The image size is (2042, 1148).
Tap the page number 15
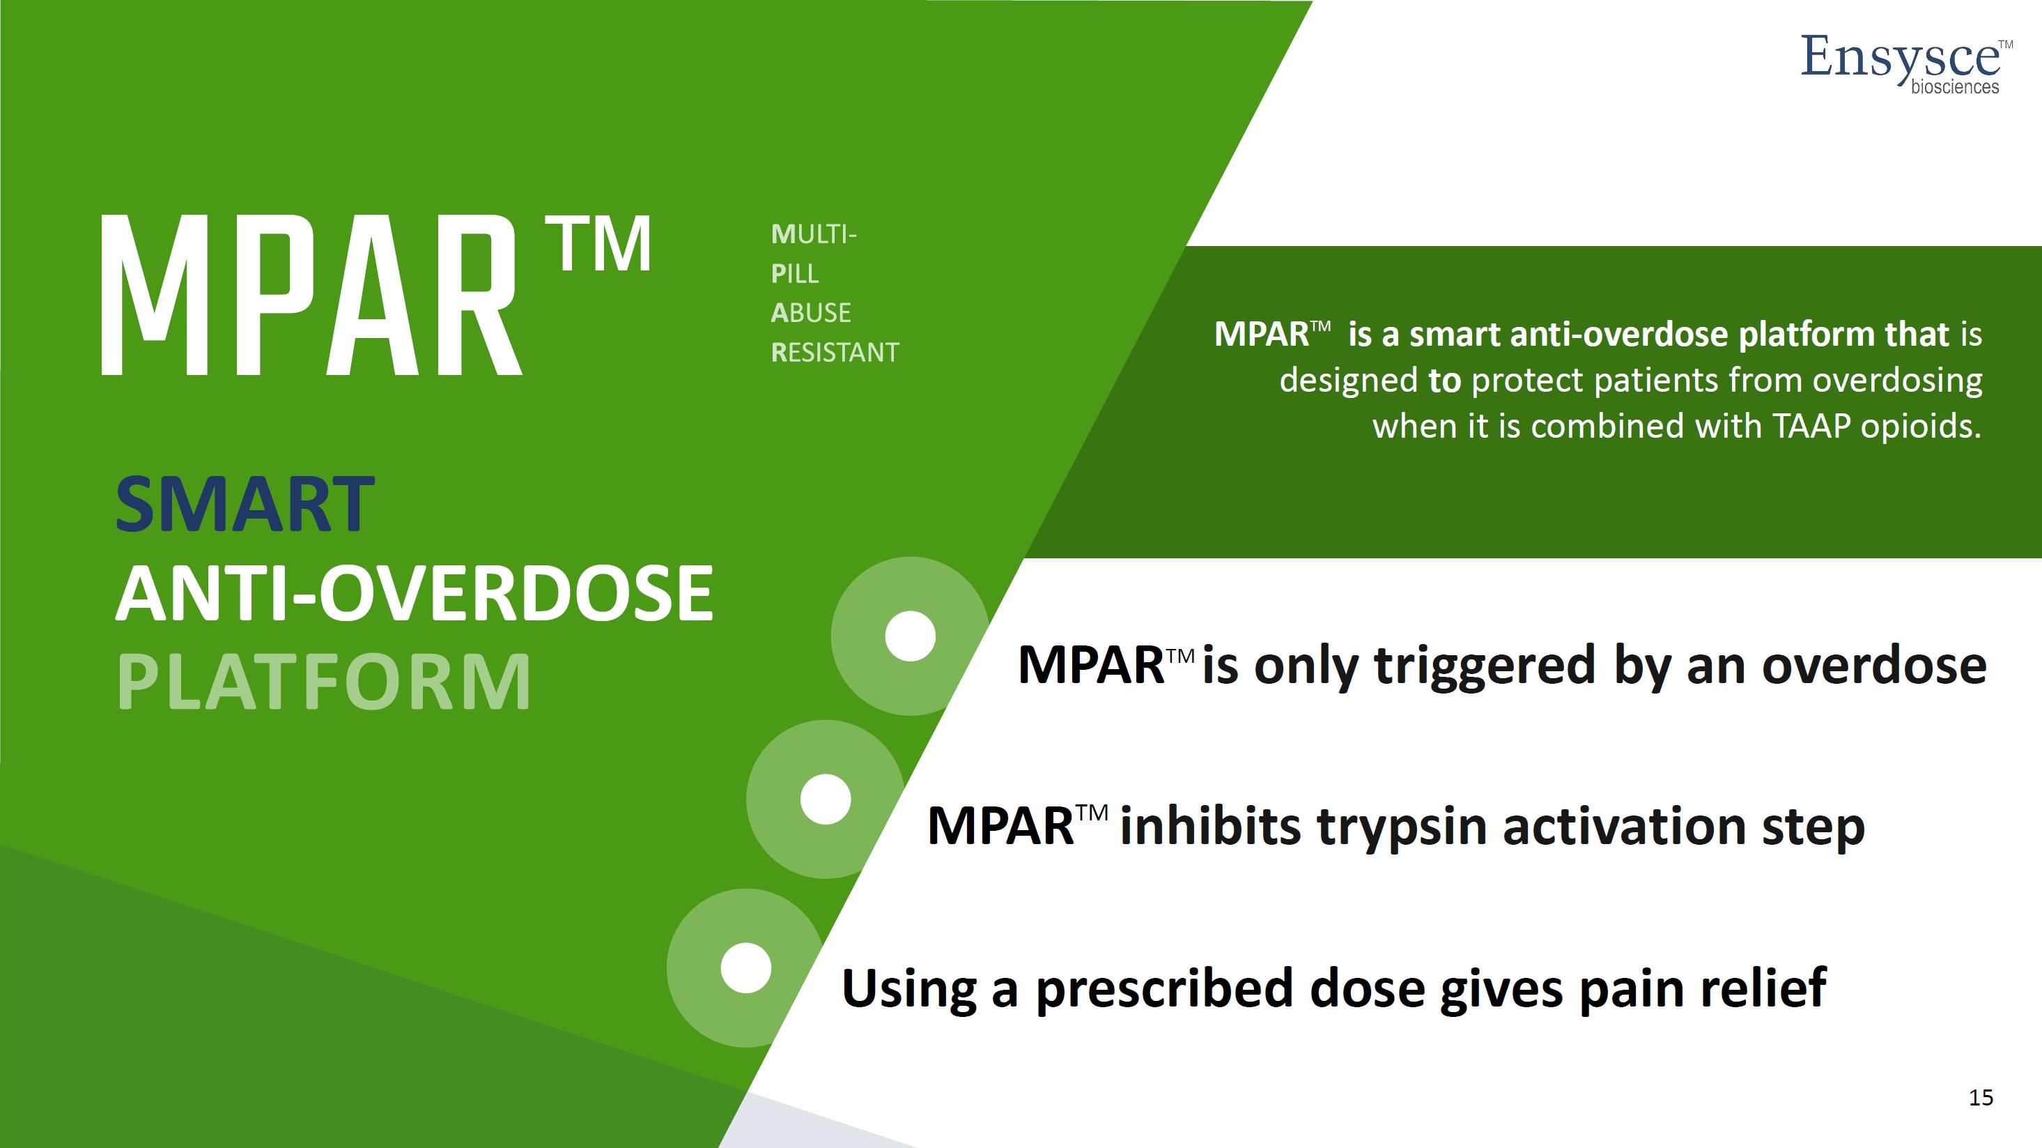1981,1097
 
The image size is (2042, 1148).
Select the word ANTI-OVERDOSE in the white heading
415,593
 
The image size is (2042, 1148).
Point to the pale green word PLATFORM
323,682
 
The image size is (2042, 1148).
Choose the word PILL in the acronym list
795,273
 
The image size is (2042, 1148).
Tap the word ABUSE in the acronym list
811,312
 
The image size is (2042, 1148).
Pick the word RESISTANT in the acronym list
835,352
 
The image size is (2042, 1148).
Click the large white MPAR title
311,295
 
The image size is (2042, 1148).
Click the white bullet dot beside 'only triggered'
910,636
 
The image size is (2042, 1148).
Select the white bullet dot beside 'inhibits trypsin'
825,799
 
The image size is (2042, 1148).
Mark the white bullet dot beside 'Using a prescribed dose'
746,968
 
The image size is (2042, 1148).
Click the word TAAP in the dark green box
1811,427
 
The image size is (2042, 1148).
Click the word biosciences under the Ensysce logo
1955,86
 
